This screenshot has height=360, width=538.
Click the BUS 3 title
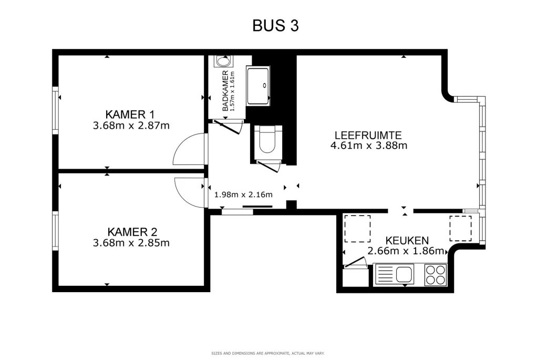(x=275, y=26)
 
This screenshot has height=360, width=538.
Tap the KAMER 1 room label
(x=130, y=114)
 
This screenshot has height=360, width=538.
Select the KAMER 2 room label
(x=132, y=232)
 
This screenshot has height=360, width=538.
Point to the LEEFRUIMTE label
(x=368, y=135)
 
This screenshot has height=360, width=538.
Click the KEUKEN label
(x=407, y=240)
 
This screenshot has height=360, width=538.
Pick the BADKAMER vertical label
(x=225, y=90)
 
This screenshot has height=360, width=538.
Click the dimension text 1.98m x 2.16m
(x=243, y=194)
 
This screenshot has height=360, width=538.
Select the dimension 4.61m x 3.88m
(x=368, y=146)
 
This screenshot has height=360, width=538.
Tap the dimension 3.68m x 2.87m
(x=131, y=126)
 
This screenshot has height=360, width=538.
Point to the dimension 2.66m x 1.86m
(x=406, y=251)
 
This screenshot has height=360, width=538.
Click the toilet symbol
(x=267, y=140)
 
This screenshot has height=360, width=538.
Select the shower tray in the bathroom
(x=257, y=86)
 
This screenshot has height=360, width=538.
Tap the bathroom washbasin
(x=223, y=61)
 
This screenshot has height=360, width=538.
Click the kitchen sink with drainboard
(x=395, y=274)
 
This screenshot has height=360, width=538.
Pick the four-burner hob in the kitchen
(x=436, y=274)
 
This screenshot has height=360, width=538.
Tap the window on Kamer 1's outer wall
(x=55, y=110)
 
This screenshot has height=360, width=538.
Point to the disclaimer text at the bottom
(x=267, y=353)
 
